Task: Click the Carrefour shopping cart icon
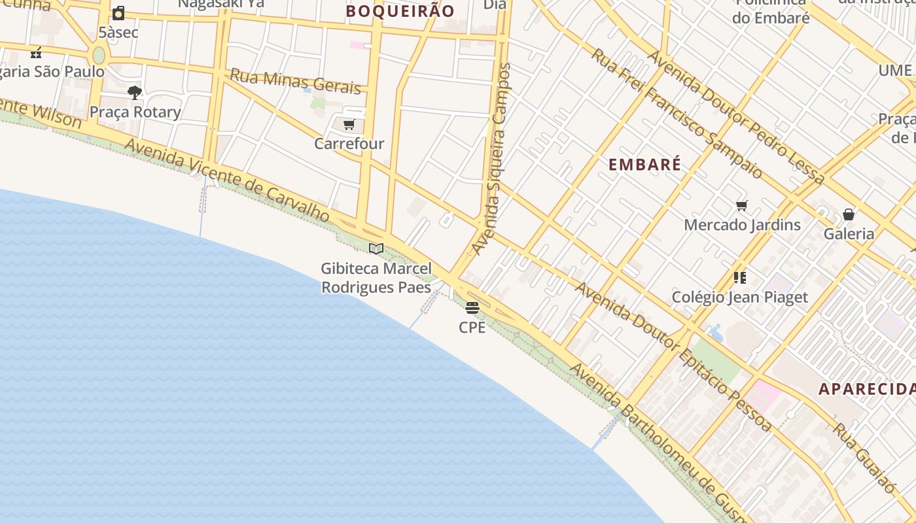click(x=349, y=124)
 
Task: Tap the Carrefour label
click(x=349, y=143)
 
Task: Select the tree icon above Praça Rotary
click(x=135, y=93)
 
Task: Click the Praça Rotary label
click(x=135, y=112)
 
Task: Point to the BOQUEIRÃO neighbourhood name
click(x=400, y=11)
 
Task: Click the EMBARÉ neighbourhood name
click(x=645, y=165)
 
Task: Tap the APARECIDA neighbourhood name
click(x=867, y=389)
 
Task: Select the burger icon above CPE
click(x=472, y=308)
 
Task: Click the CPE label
click(x=472, y=327)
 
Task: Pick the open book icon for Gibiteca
click(x=376, y=248)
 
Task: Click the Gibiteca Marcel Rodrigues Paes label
click(x=376, y=278)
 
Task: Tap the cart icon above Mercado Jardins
click(x=741, y=206)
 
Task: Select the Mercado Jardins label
click(x=742, y=225)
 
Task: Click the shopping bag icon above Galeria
click(x=849, y=214)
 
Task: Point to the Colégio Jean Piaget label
click(x=740, y=297)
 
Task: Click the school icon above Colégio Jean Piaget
click(x=740, y=278)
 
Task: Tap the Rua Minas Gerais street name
click(x=295, y=82)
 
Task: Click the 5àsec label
click(x=118, y=31)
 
